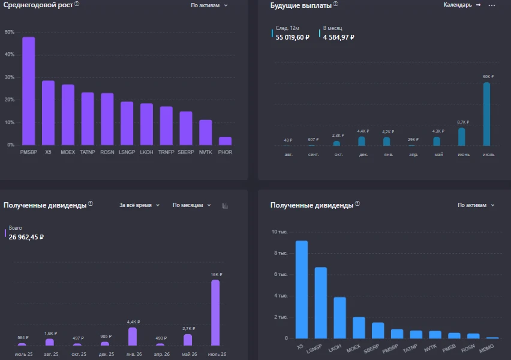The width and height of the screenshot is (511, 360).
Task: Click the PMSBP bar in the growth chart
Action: (x=29, y=91)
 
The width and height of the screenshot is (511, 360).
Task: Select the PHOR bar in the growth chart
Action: (x=225, y=141)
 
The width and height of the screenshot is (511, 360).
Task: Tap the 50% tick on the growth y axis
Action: (x=10, y=32)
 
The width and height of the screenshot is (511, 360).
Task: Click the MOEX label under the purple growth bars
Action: (x=68, y=152)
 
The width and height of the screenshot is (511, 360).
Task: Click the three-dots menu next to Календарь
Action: (x=492, y=5)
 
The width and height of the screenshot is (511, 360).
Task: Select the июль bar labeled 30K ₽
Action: (x=486, y=114)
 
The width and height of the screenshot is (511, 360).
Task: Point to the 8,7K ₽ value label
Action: (x=463, y=122)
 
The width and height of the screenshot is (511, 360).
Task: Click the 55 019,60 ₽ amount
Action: (x=292, y=37)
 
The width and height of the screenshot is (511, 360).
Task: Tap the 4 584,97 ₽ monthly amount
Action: (x=339, y=37)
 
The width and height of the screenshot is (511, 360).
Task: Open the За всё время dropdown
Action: (x=139, y=205)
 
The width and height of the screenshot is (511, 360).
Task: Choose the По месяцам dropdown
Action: (x=192, y=205)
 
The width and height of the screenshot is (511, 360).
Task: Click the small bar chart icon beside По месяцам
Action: (x=225, y=205)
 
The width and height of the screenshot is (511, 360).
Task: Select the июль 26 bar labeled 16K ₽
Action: (x=215, y=313)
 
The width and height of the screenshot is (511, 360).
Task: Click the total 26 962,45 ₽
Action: (x=26, y=237)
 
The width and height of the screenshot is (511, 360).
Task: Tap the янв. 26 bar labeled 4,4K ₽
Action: (x=133, y=336)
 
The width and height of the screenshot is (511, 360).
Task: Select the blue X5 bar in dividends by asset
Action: (x=302, y=290)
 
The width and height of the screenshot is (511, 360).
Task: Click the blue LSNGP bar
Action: (x=321, y=303)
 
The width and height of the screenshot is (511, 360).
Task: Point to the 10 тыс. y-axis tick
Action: (x=279, y=232)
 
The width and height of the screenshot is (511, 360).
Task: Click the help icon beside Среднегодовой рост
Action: (x=77, y=4)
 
